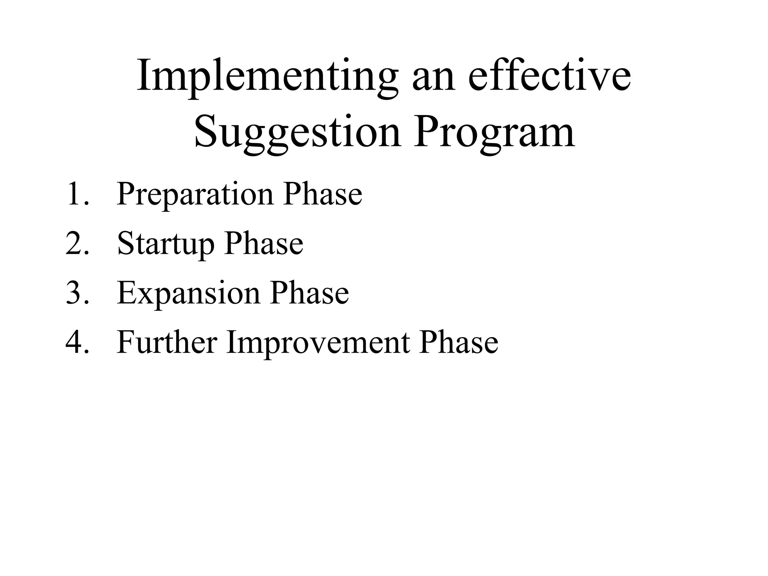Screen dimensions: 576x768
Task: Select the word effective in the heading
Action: coord(550,77)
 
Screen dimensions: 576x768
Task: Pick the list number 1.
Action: coord(77,194)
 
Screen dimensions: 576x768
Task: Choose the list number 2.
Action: coord(77,243)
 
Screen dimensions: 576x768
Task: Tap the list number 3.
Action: coord(77,293)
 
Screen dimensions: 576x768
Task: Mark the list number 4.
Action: coord(77,342)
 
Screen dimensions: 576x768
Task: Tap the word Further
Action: coord(167,342)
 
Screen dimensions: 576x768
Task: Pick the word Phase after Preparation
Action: coord(323,194)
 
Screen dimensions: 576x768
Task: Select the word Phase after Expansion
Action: coord(310,293)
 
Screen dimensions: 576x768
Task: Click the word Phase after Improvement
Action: coord(459,342)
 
